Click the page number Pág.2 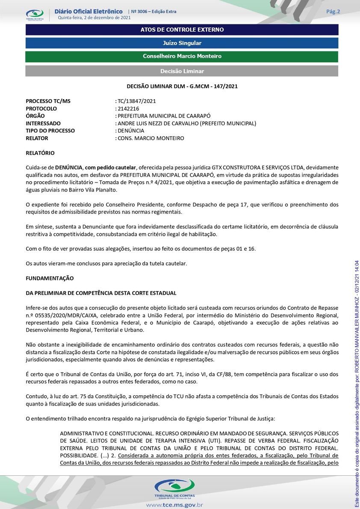pyautogui.click(x=333, y=12)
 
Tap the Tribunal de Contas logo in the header pyautogui.click(x=35, y=15)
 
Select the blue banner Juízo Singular pyautogui.click(x=182, y=43)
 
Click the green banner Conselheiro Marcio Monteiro pyautogui.click(x=182, y=56)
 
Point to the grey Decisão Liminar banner pyautogui.click(x=182, y=71)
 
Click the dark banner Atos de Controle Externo pyautogui.click(x=182, y=30)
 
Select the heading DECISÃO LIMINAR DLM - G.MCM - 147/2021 pyautogui.click(x=182, y=86)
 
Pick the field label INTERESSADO pyautogui.click(x=43, y=124)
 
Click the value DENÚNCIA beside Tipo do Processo pyautogui.click(x=131, y=131)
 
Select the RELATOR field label pyautogui.click(x=37, y=138)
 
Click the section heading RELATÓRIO pyautogui.click(x=40, y=153)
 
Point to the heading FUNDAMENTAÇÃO pyautogui.click(x=50, y=278)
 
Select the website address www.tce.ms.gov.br pyautogui.click(x=174, y=505)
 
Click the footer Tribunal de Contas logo pyautogui.click(x=174, y=488)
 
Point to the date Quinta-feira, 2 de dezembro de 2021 pyautogui.click(x=94, y=18)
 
